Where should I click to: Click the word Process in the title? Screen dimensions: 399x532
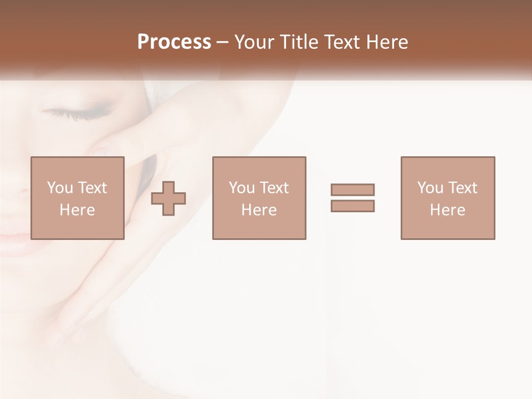[174, 42]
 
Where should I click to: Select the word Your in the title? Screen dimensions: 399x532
[255, 42]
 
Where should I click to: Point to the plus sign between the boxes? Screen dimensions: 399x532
[168, 198]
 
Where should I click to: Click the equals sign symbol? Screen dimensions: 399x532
[352, 198]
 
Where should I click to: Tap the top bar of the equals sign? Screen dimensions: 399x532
[352, 190]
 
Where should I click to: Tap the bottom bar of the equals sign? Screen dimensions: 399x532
[352, 206]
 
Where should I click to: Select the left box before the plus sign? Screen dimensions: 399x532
[77, 198]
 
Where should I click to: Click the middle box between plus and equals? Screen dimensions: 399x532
[259, 198]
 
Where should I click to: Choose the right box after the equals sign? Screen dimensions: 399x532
[448, 198]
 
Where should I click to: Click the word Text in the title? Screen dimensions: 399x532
[341, 42]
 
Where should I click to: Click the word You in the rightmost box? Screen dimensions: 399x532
[430, 188]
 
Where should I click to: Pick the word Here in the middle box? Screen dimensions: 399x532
[259, 210]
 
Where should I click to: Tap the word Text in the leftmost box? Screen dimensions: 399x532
[91, 188]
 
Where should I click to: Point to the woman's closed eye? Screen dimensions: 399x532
[78, 113]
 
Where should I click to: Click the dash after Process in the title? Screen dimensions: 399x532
[223, 43]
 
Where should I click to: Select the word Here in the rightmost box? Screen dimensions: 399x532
[448, 210]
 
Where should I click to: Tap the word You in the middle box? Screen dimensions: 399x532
[242, 188]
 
